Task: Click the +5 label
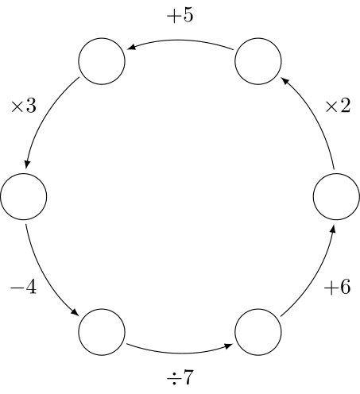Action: point(180,15)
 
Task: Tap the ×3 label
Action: point(23,106)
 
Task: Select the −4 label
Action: point(23,287)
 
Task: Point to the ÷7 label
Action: point(180,377)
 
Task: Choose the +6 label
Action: point(337,287)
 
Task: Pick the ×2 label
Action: point(338,106)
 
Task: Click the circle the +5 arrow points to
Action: point(102,61)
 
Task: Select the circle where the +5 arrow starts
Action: point(258,61)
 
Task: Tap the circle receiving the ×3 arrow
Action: point(24,196)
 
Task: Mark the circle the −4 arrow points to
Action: point(102,332)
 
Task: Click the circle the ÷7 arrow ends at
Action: point(258,332)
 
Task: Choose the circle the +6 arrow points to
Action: point(336,196)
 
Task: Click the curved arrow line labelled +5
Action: point(180,40)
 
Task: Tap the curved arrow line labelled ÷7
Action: point(180,353)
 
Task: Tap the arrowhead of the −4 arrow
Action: point(75,312)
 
